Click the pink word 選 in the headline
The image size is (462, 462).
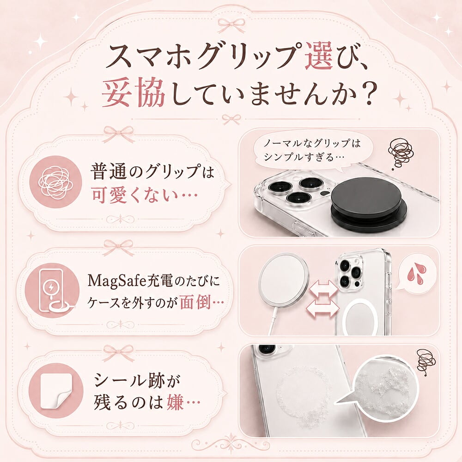pyautogui.click(x=319, y=56)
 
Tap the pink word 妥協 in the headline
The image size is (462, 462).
pyautogui.click(x=134, y=93)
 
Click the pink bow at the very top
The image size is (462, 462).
pyautogui.click(x=231, y=25)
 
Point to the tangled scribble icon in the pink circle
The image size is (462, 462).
pyautogui.click(x=56, y=182)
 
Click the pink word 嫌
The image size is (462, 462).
pyautogui.click(x=175, y=402)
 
